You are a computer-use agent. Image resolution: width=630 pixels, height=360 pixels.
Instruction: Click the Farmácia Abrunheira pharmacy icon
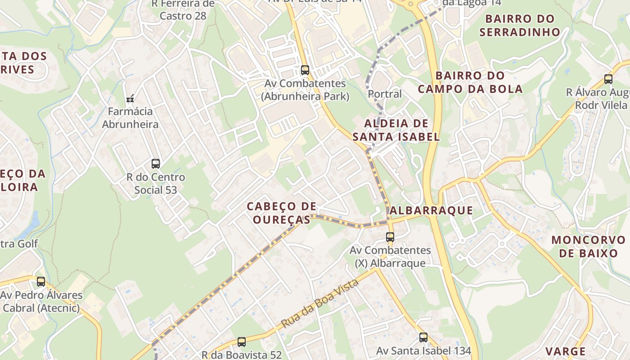click(x=130, y=98)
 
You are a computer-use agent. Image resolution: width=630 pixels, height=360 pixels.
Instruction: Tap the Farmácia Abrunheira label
click(x=130, y=117)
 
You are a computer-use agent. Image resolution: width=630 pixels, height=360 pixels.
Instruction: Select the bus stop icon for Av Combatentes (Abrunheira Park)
click(x=305, y=70)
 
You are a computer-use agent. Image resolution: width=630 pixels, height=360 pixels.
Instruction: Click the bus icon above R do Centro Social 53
click(x=156, y=164)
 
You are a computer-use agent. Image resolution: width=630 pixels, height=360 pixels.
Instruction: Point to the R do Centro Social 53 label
click(x=156, y=184)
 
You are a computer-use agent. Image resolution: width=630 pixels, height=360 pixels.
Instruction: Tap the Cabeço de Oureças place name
click(x=282, y=213)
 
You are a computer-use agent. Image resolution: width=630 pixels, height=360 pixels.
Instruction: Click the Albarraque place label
click(x=431, y=210)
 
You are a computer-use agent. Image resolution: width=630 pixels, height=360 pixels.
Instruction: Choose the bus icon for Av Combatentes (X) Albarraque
click(x=390, y=237)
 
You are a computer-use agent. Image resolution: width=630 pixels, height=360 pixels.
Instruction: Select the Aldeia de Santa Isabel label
click(x=396, y=130)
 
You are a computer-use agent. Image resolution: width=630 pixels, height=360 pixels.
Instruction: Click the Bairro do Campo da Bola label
click(x=470, y=82)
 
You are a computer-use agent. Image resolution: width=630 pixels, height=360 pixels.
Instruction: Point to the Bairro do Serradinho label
click(x=520, y=26)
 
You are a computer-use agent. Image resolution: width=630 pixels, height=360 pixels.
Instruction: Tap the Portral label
click(x=385, y=94)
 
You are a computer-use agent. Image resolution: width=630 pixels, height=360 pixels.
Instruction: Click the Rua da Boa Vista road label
click(x=320, y=303)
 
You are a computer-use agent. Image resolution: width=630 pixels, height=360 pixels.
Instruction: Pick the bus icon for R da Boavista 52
click(x=242, y=342)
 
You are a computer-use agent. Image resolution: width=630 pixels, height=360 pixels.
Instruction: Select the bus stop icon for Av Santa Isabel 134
click(x=423, y=337)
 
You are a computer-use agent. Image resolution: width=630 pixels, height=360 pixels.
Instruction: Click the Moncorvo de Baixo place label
click(x=589, y=246)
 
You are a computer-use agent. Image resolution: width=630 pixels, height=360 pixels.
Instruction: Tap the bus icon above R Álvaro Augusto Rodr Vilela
click(x=608, y=79)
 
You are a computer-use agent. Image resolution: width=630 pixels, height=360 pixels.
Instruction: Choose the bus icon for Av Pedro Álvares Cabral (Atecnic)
click(x=41, y=282)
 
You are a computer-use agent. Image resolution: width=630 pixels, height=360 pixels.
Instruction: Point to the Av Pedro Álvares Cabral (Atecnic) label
click(x=41, y=301)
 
